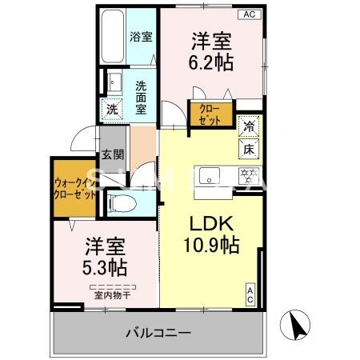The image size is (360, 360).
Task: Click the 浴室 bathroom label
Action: click(142, 35)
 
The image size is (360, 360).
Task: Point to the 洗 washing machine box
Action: click(112, 110)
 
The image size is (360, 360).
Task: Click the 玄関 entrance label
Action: click(113, 155)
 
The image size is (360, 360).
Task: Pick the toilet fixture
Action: click(120, 203)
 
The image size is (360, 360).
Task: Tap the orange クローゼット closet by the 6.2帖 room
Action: click(210, 113)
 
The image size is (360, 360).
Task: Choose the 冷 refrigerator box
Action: click(250, 126)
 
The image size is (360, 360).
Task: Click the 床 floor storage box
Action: click(248, 149)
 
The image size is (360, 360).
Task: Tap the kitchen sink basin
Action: click(210, 174)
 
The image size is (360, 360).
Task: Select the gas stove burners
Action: click(249, 174)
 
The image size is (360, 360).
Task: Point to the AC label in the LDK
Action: click(250, 294)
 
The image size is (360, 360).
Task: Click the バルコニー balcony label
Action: click(157, 332)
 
